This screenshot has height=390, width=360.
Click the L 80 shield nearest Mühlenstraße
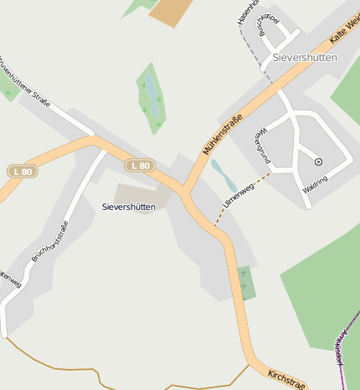coord(140,166)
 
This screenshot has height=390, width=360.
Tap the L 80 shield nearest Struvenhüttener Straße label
coord(23,171)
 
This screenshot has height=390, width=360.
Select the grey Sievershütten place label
coord(305,58)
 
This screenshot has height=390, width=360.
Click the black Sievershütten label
coord(129,206)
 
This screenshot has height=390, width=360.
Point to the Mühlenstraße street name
coord(222,133)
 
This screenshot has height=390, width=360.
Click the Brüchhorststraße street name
coord(49,241)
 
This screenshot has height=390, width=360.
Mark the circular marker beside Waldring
coord(318,162)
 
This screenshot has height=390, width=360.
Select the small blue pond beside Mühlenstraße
coord(223,175)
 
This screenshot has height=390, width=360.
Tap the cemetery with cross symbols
coord(244,282)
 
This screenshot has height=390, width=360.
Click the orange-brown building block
coord(171,11)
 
